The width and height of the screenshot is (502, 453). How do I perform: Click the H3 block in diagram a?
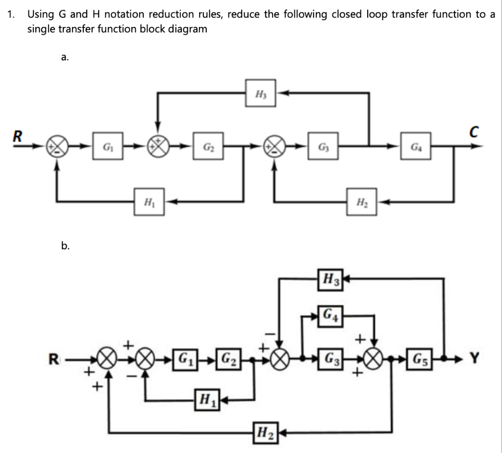click(x=261, y=92)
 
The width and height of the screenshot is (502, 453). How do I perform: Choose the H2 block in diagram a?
click(x=362, y=201)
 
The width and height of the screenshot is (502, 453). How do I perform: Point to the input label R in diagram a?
click(x=18, y=136)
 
